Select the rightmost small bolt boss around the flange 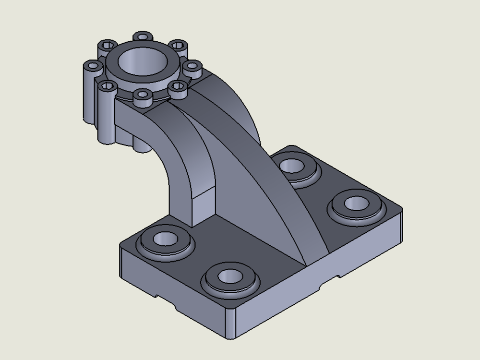coord(193,67)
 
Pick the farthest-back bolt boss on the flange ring coord(143,37)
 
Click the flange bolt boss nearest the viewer coord(143,96)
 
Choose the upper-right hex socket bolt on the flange coord(179,46)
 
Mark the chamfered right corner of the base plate coord(398,211)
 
